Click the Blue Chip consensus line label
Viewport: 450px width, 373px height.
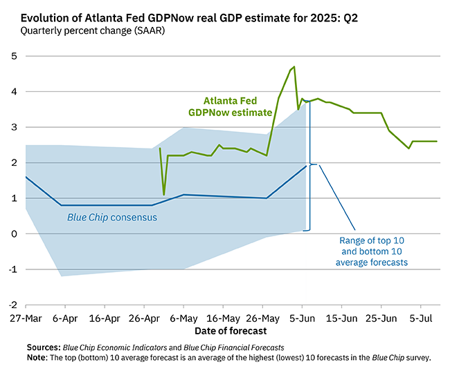[x=111, y=218]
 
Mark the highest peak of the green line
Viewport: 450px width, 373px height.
[x=294, y=67]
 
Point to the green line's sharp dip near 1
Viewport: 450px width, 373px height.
[x=164, y=194]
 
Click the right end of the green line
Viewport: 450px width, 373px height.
[x=437, y=142]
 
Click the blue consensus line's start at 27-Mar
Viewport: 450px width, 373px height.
[x=26, y=177]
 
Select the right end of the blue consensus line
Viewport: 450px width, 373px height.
[x=306, y=166]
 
